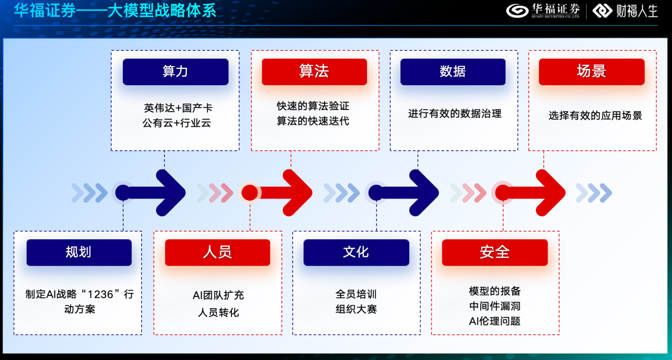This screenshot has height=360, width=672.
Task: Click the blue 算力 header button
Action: point(175,72)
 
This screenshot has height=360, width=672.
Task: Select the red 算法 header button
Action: point(314,72)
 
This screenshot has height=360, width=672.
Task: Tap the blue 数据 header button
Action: point(453,72)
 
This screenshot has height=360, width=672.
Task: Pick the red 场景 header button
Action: point(592,72)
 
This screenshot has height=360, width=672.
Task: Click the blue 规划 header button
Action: point(79,253)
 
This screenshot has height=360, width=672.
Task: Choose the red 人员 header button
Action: point(218,253)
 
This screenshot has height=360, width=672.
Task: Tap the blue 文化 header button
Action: point(356,253)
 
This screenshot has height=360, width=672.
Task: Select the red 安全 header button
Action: point(495,253)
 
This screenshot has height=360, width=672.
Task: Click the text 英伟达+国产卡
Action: point(178,108)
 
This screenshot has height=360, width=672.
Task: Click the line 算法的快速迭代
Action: point(313,121)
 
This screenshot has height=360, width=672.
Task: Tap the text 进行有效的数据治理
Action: point(455,113)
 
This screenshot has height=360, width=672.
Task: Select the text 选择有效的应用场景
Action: point(595,115)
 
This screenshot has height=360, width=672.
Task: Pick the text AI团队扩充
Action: point(218,295)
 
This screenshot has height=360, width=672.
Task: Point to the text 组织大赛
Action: point(356,309)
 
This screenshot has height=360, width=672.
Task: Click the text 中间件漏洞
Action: point(495,306)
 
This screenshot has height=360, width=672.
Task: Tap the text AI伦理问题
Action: point(495,321)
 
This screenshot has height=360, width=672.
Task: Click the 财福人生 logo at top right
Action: point(625,11)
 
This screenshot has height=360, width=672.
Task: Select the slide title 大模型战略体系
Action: point(162,11)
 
